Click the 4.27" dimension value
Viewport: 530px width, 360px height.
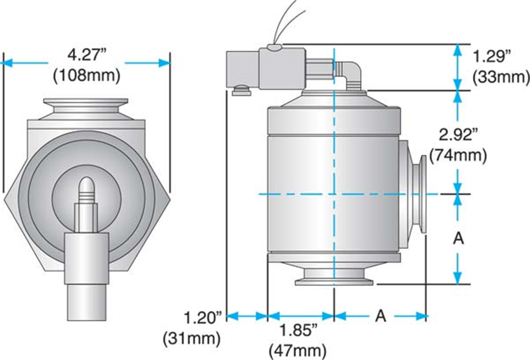pyautogui.click(x=87, y=55)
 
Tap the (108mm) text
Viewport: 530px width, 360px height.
pyautogui.click(x=87, y=76)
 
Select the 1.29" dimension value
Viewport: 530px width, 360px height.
pyautogui.click(x=491, y=56)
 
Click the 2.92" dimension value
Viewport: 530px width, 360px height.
pyautogui.click(x=459, y=135)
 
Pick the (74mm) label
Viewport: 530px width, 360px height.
pyautogui.click(x=458, y=156)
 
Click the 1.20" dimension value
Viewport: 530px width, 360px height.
pyautogui.click(x=203, y=317)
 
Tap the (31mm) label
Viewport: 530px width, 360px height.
pyautogui.click(x=192, y=338)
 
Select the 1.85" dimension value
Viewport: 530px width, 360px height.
pyautogui.click(x=298, y=330)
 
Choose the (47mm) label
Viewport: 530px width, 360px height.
pyautogui.click(x=298, y=351)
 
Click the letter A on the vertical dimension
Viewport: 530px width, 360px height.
pyautogui.click(x=458, y=239)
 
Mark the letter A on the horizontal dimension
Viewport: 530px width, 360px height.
pyautogui.click(x=381, y=316)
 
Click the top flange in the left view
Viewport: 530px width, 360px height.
pyautogui.click(x=86, y=105)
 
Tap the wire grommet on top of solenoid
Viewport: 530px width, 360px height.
pyautogui.click(x=274, y=47)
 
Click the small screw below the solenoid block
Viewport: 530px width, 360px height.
pyautogui.click(x=241, y=91)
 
